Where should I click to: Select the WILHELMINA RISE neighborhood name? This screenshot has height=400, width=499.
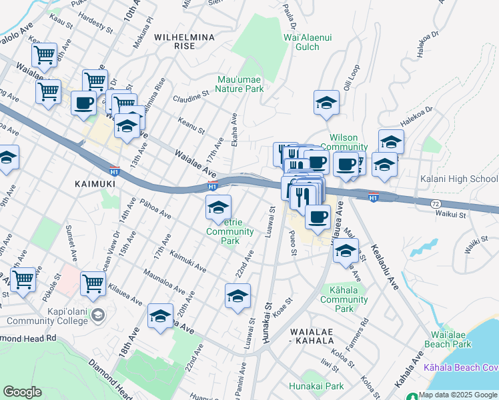tap(175, 41)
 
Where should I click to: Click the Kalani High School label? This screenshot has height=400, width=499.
tap(459, 179)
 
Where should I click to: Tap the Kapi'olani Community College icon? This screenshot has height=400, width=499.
tap(98, 315)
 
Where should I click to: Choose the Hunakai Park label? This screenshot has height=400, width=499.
tap(316, 386)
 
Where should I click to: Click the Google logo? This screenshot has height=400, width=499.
tap(23, 392)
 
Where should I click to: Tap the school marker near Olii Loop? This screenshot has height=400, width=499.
tap(326, 103)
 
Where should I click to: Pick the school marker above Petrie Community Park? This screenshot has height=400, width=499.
tap(218, 209)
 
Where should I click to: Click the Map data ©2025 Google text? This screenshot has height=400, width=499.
tap(458, 395)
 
